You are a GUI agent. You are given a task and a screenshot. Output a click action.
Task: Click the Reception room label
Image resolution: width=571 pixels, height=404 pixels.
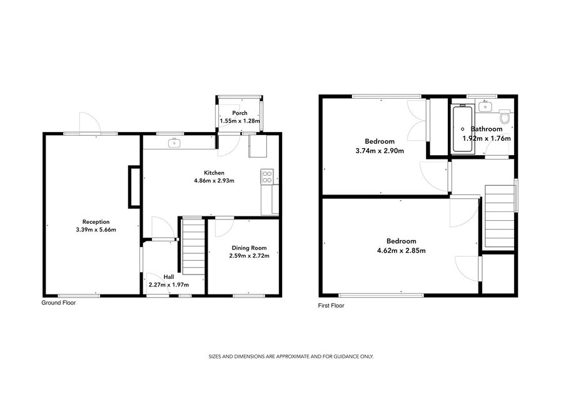click(96, 222)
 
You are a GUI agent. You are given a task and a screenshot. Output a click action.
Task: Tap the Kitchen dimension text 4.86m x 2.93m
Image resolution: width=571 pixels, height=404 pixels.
click(214, 180)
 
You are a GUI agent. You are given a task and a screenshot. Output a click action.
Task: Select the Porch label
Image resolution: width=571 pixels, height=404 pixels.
click(240, 113)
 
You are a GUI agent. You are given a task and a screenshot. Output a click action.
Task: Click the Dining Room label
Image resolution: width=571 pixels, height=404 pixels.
click(249, 248)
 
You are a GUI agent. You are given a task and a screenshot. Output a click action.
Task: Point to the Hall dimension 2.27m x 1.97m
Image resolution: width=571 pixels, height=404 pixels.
click(169, 285)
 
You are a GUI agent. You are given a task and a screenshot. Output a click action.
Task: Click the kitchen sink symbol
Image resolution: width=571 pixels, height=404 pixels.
click(174, 143)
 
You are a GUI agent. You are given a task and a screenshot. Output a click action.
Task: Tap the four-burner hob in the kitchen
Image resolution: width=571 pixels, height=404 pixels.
click(267, 177)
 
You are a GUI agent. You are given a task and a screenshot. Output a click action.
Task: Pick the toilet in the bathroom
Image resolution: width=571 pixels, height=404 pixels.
click(505, 116)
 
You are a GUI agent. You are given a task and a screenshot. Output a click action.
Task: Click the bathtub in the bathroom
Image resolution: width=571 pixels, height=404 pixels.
click(462, 129)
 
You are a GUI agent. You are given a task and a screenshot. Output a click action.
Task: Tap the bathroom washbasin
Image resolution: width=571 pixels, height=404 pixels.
click(485, 107)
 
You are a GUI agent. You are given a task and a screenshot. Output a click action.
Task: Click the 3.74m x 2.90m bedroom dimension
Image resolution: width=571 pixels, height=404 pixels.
click(380, 151)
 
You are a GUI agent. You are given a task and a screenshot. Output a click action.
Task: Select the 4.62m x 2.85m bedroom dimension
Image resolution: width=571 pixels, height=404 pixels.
click(402, 250)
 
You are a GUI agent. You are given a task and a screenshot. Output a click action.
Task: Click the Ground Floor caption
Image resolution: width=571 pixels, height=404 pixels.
click(59, 303)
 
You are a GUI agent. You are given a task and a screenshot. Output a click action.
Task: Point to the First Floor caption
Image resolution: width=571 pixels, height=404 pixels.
click(331, 306)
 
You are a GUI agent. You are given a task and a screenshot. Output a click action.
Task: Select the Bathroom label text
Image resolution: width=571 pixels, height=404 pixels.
click(487, 129)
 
